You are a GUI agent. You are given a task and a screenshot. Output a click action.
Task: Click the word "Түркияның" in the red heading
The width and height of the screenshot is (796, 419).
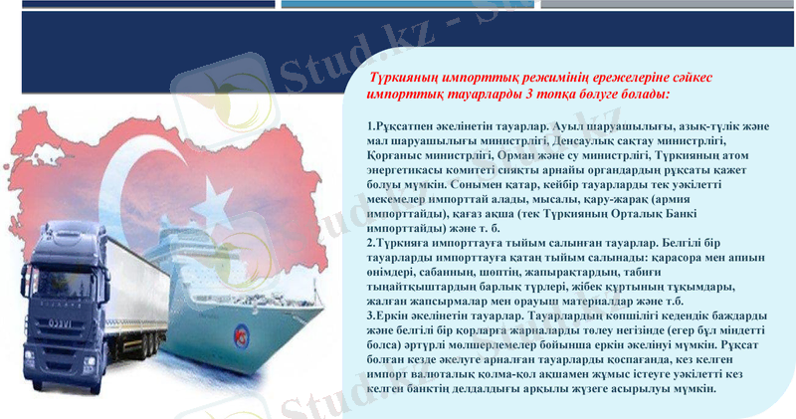(409, 77)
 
